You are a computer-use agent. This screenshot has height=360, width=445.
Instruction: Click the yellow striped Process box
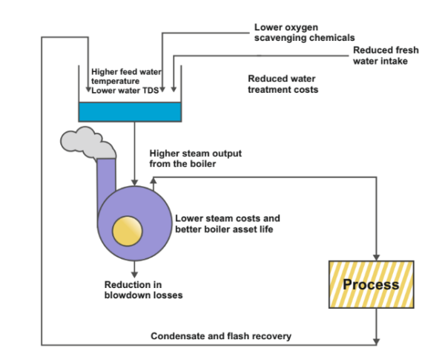(371, 284)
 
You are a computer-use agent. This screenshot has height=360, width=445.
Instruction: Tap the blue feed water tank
(130, 111)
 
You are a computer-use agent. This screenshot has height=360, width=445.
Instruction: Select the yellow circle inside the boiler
(127, 232)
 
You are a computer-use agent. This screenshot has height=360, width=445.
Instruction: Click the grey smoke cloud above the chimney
(88, 142)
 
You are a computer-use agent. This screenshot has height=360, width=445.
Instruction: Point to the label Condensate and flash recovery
(221, 336)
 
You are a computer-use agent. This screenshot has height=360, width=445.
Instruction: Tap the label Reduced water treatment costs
(283, 83)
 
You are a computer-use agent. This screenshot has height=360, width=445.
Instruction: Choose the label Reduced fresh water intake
(385, 55)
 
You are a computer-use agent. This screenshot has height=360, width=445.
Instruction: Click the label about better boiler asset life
(227, 223)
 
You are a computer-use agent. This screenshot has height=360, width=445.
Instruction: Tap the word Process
(371, 284)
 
